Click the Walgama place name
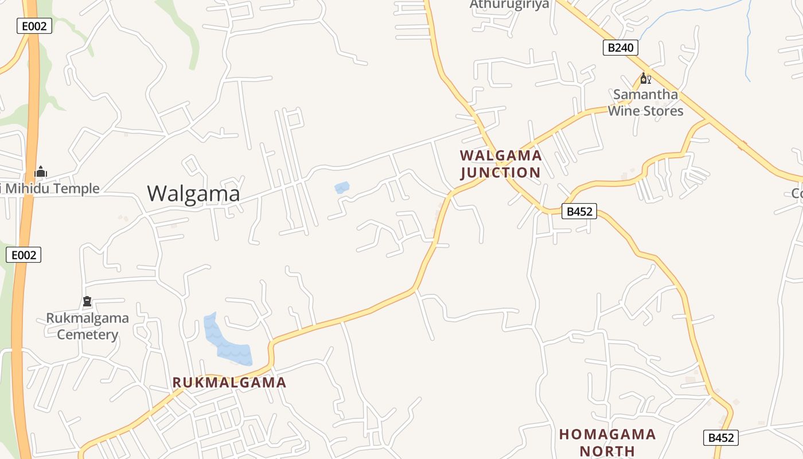[x=193, y=194]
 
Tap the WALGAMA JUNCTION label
[x=500, y=164]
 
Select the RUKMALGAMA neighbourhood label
[x=229, y=383]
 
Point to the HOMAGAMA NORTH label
[x=607, y=442]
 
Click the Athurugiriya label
[x=509, y=5]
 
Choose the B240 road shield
[x=621, y=47]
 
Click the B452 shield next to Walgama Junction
[x=579, y=211]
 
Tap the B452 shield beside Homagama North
[x=721, y=438]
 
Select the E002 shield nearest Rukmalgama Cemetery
[x=24, y=255]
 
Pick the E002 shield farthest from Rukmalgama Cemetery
[x=34, y=26]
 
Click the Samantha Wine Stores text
[x=645, y=102]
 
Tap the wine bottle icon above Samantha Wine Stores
[x=645, y=79]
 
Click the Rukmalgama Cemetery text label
[x=87, y=326]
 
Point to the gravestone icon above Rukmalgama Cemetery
[x=87, y=301]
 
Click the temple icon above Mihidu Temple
[x=41, y=172]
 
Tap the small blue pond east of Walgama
[x=342, y=187]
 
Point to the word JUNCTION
[x=500, y=173]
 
